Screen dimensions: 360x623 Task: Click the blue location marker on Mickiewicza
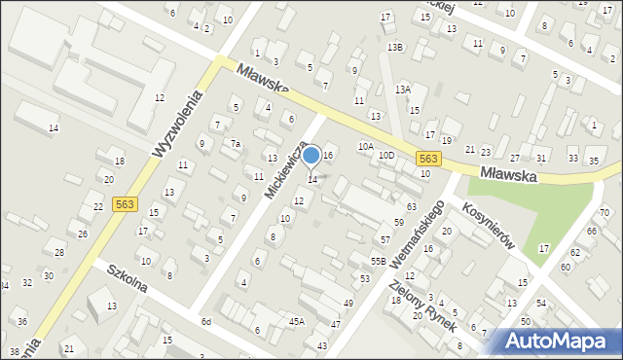[x=311, y=155]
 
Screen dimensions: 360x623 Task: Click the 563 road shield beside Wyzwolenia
[x=124, y=203]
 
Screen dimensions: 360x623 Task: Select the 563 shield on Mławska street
[x=427, y=158]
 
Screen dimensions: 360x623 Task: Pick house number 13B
[x=394, y=47]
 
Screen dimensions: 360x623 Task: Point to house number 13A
[x=402, y=90]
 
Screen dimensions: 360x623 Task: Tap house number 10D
[x=386, y=155]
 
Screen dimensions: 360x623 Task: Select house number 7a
[x=235, y=143]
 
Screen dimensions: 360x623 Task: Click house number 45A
[x=296, y=321]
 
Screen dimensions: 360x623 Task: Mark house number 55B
[x=378, y=261]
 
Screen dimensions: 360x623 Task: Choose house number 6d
[x=205, y=321]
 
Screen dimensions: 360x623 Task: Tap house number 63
[x=412, y=206]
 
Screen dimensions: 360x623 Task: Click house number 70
[x=605, y=212]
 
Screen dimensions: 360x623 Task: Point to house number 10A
[x=365, y=146]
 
